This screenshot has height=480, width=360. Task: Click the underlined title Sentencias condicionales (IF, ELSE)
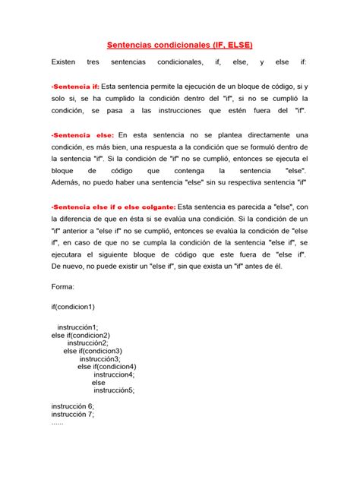[178, 45]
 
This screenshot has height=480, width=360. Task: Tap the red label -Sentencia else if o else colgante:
[112, 207]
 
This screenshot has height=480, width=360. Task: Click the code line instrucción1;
[77, 326]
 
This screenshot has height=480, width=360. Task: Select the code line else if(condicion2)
[81, 334]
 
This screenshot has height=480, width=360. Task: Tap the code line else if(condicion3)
[93, 350]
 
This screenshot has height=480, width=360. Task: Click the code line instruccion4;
[114, 374]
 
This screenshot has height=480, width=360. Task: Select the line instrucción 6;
[73, 406]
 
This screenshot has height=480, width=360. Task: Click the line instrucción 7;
[73, 415]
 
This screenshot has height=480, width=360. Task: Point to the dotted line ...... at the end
[58, 422]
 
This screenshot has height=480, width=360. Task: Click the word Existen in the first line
[64, 62]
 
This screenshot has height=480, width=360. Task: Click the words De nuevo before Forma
[68, 267]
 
